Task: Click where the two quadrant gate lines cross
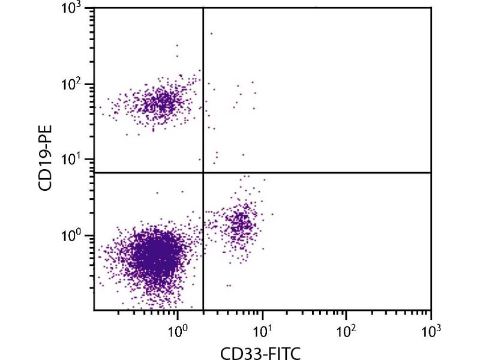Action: (x=203, y=173)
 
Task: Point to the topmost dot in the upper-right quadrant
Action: (x=211, y=34)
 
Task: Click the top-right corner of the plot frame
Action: (x=431, y=8)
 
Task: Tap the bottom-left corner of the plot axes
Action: (x=94, y=310)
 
